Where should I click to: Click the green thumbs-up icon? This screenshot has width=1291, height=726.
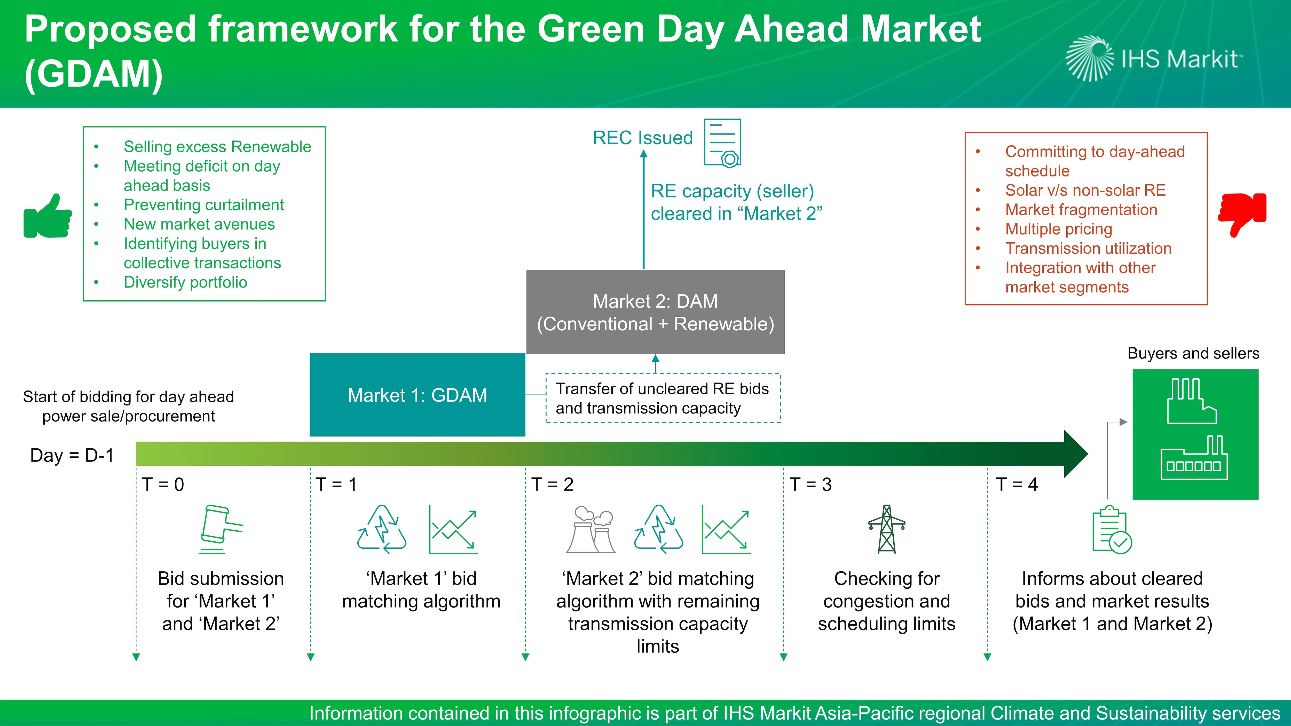point(48,216)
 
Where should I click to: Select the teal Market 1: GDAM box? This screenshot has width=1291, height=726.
point(417,395)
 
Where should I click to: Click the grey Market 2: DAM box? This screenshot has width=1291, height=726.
point(655,312)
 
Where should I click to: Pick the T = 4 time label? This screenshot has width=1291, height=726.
point(1016,484)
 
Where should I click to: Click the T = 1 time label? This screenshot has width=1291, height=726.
point(336,484)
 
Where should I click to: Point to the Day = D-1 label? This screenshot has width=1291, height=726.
point(72,456)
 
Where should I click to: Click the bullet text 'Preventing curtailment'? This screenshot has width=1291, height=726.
point(203,205)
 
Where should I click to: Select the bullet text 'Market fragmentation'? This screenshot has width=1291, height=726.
point(1081,209)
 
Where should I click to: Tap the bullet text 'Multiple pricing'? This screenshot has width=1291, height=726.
point(1058,229)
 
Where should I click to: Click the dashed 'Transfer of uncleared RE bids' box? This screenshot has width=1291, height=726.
point(663,398)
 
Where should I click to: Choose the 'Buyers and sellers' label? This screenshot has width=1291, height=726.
point(1193,353)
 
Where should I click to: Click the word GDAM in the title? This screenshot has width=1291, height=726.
point(94,74)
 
